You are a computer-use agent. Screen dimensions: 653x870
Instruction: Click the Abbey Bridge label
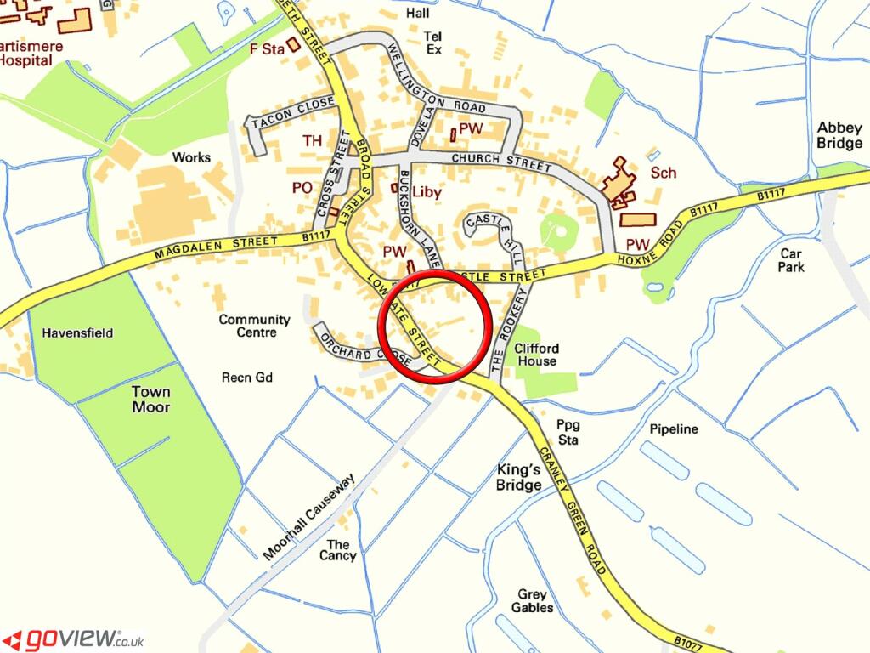[x=839, y=135]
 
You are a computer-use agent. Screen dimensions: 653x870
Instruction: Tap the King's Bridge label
[x=518, y=477]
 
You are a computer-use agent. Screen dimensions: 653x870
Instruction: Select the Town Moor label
[x=150, y=400]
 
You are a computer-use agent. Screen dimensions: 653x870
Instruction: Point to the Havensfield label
[x=77, y=333]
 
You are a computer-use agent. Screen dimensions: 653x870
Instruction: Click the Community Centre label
[x=254, y=326]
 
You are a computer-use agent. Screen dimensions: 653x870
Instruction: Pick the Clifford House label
[x=536, y=355]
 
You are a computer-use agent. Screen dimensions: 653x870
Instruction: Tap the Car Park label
[x=790, y=259]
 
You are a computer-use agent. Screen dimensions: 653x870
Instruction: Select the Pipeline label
[x=674, y=429]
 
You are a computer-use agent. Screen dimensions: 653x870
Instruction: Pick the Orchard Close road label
[x=358, y=349]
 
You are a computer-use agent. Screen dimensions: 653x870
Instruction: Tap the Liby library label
[x=427, y=192]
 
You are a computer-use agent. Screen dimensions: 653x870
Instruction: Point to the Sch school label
[x=663, y=173]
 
